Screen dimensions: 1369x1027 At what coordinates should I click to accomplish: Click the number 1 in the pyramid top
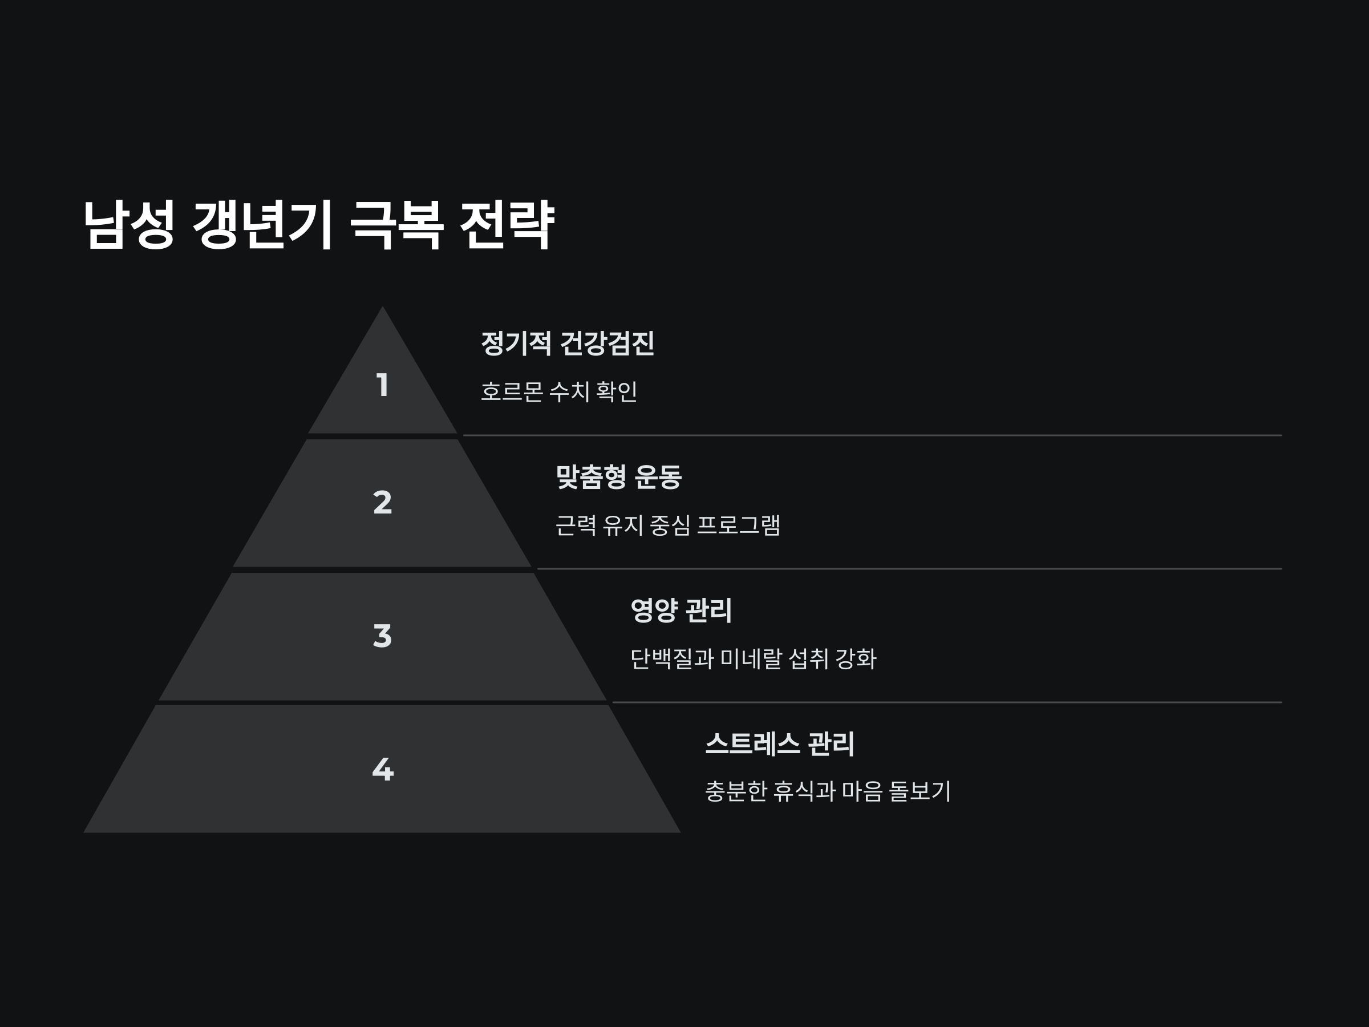(x=383, y=385)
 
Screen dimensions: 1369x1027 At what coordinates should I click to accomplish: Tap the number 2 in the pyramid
(x=383, y=502)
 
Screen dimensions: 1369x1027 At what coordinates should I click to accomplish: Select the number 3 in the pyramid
(x=383, y=636)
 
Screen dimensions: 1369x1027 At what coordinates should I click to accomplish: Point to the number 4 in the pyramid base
(x=383, y=770)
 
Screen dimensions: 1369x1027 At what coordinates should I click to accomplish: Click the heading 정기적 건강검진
(x=568, y=343)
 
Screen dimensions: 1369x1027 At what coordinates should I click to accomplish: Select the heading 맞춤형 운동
(x=618, y=476)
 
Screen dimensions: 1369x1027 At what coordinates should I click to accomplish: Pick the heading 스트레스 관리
(x=780, y=743)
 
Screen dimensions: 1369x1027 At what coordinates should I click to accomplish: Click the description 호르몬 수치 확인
(x=559, y=391)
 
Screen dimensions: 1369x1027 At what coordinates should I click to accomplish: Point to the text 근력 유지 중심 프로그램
(x=668, y=525)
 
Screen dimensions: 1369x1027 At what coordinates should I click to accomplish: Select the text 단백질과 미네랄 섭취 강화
(x=753, y=658)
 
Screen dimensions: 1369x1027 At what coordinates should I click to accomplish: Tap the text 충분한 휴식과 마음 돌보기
(x=828, y=791)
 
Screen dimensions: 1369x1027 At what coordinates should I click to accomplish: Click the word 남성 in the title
(x=129, y=225)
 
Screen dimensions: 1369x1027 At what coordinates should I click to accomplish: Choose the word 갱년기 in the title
(x=263, y=225)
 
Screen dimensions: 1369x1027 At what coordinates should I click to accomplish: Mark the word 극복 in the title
(x=396, y=225)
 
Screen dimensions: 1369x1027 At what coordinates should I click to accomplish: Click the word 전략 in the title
(x=507, y=225)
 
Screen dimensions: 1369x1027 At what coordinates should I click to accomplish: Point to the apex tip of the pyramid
(x=383, y=309)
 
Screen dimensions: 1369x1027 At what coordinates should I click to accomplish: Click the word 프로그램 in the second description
(x=738, y=525)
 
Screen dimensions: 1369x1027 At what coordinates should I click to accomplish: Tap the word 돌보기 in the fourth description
(x=919, y=791)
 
